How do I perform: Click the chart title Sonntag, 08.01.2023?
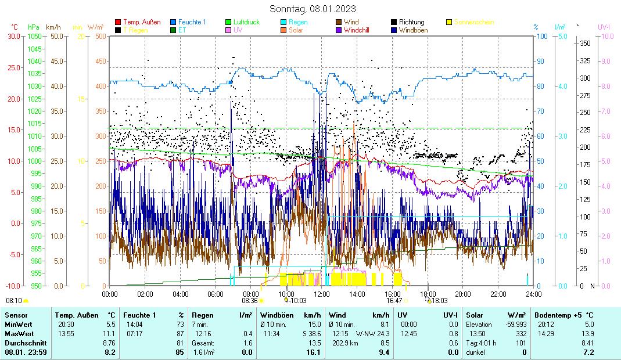pyautogui.click(x=313, y=9)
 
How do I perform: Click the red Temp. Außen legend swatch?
pyautogui.click(x=118, y=22)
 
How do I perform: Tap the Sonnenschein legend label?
pyautogui.click(x=474, y=22)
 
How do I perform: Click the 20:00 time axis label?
pyautogui.click(x=462, y=294)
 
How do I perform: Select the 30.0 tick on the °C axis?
pyautogui.click(x=13, y=36)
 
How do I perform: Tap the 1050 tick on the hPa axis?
pyautogui.click(x=34, y=36)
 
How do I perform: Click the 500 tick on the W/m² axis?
pyautogui.click(x=100, y=36)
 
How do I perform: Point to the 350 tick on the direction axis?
pyautogui.click(x=585, y=44)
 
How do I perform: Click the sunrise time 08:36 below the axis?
pyautogui.click(x=250, y=301)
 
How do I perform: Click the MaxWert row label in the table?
pyautogui.click(x=19, y=334)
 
